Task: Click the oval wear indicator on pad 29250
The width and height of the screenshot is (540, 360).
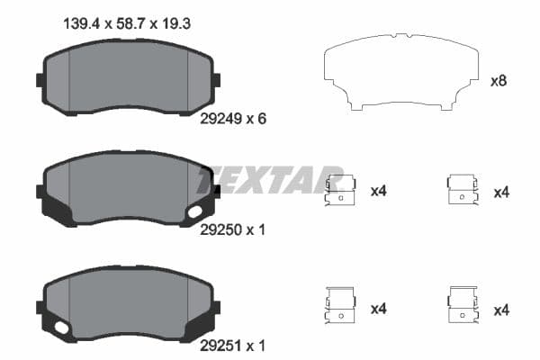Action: (194, 212)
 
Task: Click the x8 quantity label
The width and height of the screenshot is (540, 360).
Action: (498, 81)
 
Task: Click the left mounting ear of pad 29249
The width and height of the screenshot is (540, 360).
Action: (40, 80)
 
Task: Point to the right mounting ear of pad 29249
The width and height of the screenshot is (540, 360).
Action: (215, 80)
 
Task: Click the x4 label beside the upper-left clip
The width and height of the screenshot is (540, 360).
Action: (378, 192)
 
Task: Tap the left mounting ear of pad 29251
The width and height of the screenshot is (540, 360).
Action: (40, 307)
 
